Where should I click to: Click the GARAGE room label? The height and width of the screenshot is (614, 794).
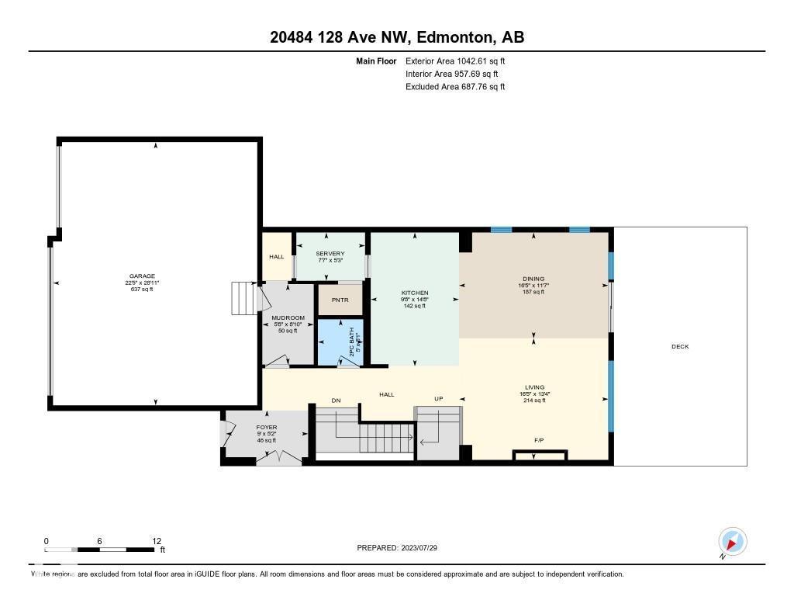(x=142, y=276)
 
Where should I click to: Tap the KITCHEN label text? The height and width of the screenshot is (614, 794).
(x=416, y=293)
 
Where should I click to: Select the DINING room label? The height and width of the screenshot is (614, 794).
(x=533, y=279)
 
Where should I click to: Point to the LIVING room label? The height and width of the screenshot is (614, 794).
(x=534, y=387)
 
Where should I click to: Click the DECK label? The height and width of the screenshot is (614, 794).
(x=679, y=347)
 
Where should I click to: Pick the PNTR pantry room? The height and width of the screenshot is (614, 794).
(x=340, y=300)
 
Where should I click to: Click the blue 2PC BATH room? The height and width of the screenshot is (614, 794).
(x=340, y=342)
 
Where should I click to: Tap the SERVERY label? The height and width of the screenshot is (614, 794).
(x=330, y=254)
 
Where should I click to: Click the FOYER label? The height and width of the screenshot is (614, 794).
(x=267, y=428)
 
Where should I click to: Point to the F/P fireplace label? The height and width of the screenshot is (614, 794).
(x=539, y=441)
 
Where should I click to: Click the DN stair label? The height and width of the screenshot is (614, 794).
(x=336, y=401)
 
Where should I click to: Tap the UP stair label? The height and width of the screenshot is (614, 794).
(x=438, y=399)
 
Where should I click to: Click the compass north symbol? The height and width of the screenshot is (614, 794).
(x=732, y=541)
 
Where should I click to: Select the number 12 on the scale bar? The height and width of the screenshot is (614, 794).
(x=156, y=541)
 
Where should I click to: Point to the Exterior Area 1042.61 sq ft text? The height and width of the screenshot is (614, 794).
(x=455, y=61)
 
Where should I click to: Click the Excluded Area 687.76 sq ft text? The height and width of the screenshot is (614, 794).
(x=455, y=87)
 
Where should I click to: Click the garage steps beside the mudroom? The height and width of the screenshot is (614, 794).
(x=243, y=297)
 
